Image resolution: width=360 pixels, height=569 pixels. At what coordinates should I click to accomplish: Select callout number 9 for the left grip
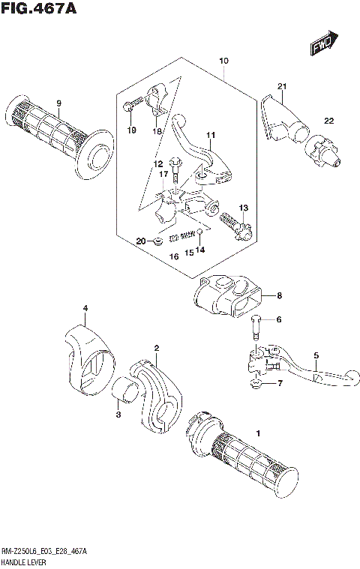tap(58, 103)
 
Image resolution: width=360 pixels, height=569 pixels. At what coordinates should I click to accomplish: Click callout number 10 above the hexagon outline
tap(223, 61)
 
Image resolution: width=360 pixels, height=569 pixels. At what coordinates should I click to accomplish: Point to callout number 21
tap(281, 85)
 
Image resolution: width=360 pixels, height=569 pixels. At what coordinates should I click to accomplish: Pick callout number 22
tap(328, 121)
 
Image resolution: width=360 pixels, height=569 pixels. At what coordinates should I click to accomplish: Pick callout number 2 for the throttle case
tap(156, 348)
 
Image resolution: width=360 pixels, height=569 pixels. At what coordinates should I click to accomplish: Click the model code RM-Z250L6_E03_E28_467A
tap(45, 551)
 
